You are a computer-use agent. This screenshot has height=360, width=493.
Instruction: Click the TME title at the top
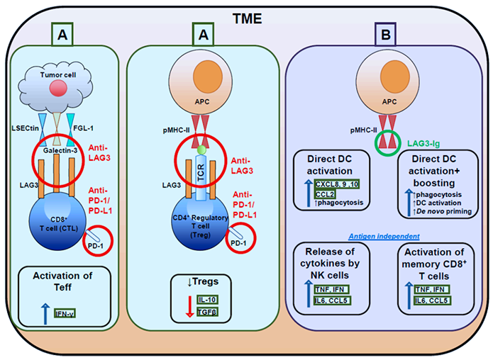point(247,19)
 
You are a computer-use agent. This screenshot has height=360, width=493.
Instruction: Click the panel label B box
point(385,34)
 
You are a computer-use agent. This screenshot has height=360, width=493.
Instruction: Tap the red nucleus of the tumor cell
point(58,88)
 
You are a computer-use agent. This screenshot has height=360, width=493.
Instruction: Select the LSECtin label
point(26,128)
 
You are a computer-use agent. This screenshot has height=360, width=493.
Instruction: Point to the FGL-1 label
point(83,128)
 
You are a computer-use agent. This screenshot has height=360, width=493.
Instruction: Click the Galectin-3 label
point(60,150)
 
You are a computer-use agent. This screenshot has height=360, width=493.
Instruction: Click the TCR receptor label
point(201,172)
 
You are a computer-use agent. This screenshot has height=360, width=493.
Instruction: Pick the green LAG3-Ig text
point(423,144)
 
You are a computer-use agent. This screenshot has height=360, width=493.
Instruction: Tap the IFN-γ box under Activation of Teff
point(65,313)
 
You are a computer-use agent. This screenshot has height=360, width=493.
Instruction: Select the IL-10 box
point(208,300)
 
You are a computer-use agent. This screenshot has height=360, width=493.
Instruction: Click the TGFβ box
point(208,312)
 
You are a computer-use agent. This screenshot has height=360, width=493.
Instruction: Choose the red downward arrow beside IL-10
point(189,306)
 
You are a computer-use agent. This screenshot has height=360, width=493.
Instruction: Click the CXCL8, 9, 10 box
point(337,184)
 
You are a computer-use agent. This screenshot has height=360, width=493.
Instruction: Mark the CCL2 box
point(325,194)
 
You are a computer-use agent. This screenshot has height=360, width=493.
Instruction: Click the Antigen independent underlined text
point(384,236)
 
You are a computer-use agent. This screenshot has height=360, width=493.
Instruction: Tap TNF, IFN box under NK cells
point(331,289)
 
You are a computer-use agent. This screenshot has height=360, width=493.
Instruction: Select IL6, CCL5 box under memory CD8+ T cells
point(432,300)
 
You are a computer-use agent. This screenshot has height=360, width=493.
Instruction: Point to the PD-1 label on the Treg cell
point(238,243)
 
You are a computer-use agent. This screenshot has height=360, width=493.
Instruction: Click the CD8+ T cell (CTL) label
point(59,224)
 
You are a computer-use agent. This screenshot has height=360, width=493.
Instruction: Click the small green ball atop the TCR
point(201,150)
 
